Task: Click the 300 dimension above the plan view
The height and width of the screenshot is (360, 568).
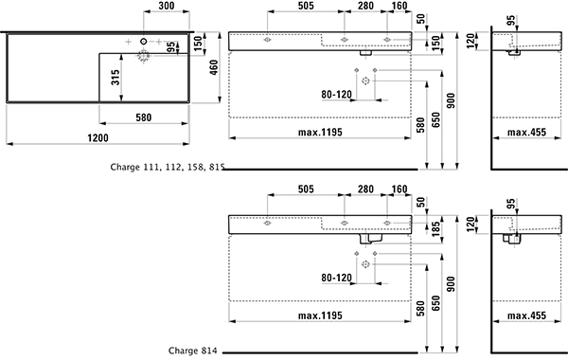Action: pyautogui.click(x=167, y=6)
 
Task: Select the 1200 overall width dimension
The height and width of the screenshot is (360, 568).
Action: pyautogui.click(x=98, y=138)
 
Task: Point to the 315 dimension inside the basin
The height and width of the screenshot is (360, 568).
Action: pyautogui.click(x=115, y=78)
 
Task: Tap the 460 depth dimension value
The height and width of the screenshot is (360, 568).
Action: pyautogui.click(x=214, y=68)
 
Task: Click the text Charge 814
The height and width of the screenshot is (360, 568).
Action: pyautogui.click(x=193, y=351)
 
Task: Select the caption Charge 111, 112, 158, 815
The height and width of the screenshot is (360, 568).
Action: pyautogui.click(x=168, y=167)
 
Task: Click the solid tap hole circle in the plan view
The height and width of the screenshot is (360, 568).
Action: pyautogui.click(x=144, y=42)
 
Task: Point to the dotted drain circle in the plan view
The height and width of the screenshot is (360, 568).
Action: pyautogui.click(x=144, y=56)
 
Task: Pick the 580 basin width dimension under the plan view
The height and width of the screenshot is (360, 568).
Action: pyautogui.click(x=144, y=117)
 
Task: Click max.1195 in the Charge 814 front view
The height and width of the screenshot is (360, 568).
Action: pyautogui.click(x=320, y=315)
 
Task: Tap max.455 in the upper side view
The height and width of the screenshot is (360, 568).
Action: pyautogui.click(x=526, y=133)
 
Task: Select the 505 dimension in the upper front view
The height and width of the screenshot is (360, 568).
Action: pyautogui.click(x=306, y=6)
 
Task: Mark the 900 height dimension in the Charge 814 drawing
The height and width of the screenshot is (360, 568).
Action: pyautogui.click(x=451, y=284)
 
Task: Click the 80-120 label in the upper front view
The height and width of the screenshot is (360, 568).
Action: pyautogui.click(x=336, y=95)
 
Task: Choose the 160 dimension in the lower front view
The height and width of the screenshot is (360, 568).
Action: pyautogui.click(x=399, y=189)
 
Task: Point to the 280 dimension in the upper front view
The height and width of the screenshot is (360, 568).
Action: pyautogui.click(x=365, y=6)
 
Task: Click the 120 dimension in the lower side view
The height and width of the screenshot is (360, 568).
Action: pyautogui.click(x=470, y=225)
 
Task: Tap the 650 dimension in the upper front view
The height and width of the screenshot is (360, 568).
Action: pyautogui.click(x=436, y=120)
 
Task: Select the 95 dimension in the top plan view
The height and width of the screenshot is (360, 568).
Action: pyautogui.click(x=171, y=47)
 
